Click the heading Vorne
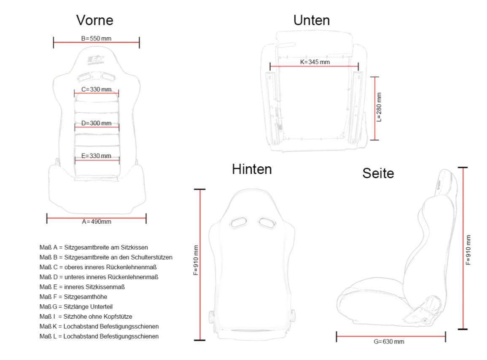tap(95, 20)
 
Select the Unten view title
tap(312, 20)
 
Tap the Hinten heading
tap(252, 169)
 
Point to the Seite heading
tap(378, 173)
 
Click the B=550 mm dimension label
tap(96, 38)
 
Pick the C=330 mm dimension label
tap(96, 89)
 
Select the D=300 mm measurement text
tap(96, 123)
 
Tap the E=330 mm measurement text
tap(96, 156)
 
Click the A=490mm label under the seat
tap(97, 222)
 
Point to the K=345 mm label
tap(315, 62)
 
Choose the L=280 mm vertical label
tap(379, 107)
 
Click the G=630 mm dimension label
tap(389, 342)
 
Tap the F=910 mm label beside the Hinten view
tap(196, 260)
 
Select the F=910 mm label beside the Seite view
tap(468, 250)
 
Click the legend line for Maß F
tap(73, 297)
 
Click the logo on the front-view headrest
tap(96, 60)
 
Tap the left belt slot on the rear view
tap(239, 222)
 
